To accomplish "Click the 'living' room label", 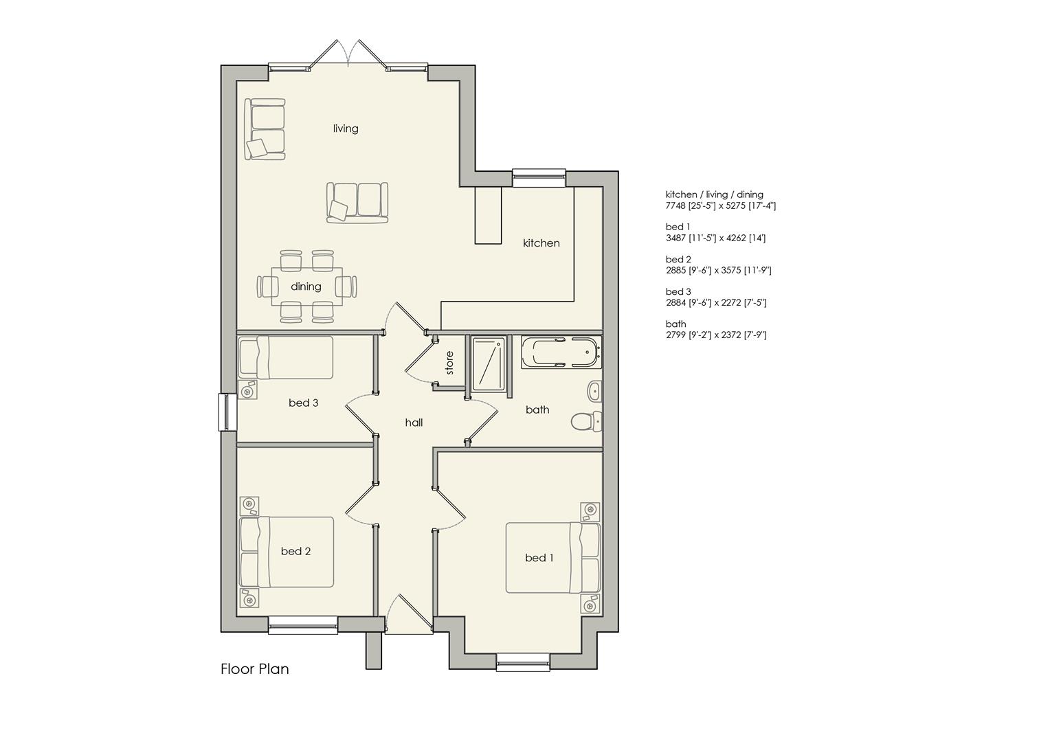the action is pos(346,128).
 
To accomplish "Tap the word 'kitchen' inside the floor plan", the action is pos(541,243).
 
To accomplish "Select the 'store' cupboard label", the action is pos(449,363).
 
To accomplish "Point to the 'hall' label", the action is pos(414,423).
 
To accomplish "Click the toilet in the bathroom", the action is pos(586,421).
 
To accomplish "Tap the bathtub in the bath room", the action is pos(561,352).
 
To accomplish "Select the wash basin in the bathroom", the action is pos(594,391).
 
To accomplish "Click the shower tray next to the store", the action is pos(489,363).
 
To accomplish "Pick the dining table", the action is pos(306,286).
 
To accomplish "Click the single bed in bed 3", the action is pos(285,357).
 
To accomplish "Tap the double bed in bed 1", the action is pos(553,558).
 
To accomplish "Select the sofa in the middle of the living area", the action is pos(357,202).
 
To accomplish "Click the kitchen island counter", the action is pos(488,215).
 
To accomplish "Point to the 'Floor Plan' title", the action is pos(254,669).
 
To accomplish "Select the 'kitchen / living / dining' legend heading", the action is pos(715,194).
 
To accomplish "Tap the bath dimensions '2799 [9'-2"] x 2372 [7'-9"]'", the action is pos(716,335).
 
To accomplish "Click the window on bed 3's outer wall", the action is pos(227,412).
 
